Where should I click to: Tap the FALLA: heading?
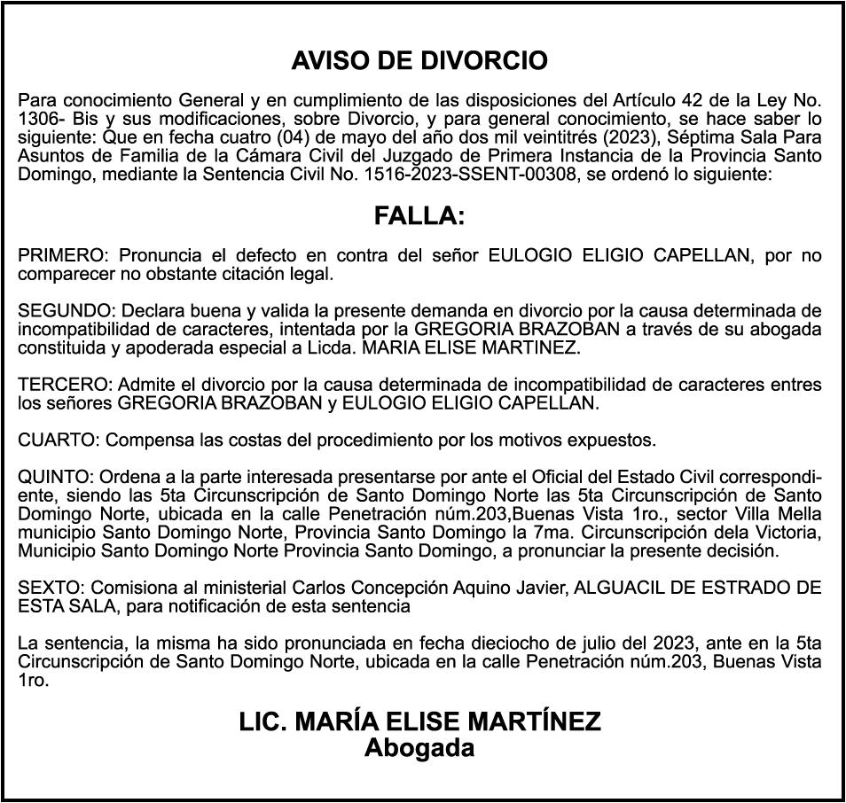[x=419, y=216]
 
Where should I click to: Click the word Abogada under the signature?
[x=419, y=748]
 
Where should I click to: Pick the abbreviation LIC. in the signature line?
[x=262, y=721]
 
